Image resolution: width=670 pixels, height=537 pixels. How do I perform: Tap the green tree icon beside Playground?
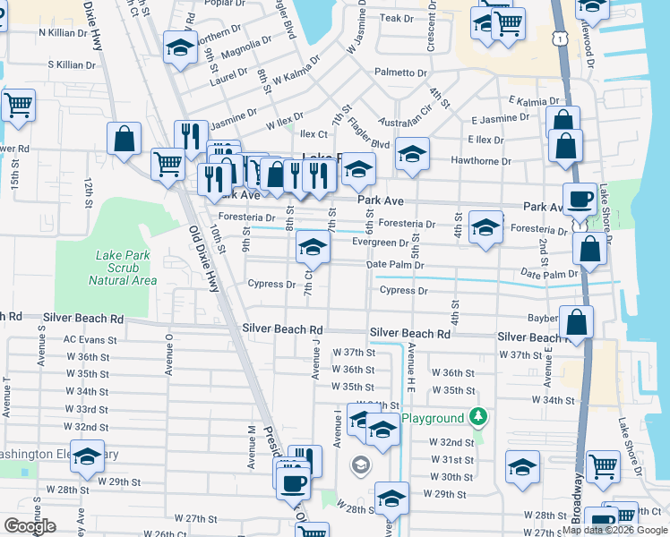coord(479,417)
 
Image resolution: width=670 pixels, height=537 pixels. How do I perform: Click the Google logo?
coord(30,526)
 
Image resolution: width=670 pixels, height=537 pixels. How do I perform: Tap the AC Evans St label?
coord(90,340)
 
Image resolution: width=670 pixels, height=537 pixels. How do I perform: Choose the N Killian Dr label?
coord(66,32)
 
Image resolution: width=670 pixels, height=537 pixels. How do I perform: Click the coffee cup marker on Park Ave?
coord(579,199)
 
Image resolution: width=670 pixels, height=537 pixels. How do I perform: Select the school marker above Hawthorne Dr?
coord(412,154)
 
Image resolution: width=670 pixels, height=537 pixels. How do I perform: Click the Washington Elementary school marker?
coord(87,456)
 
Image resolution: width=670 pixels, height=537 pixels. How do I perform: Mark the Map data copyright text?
coord(615,530)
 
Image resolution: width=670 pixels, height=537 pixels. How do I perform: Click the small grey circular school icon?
coord(360,465)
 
